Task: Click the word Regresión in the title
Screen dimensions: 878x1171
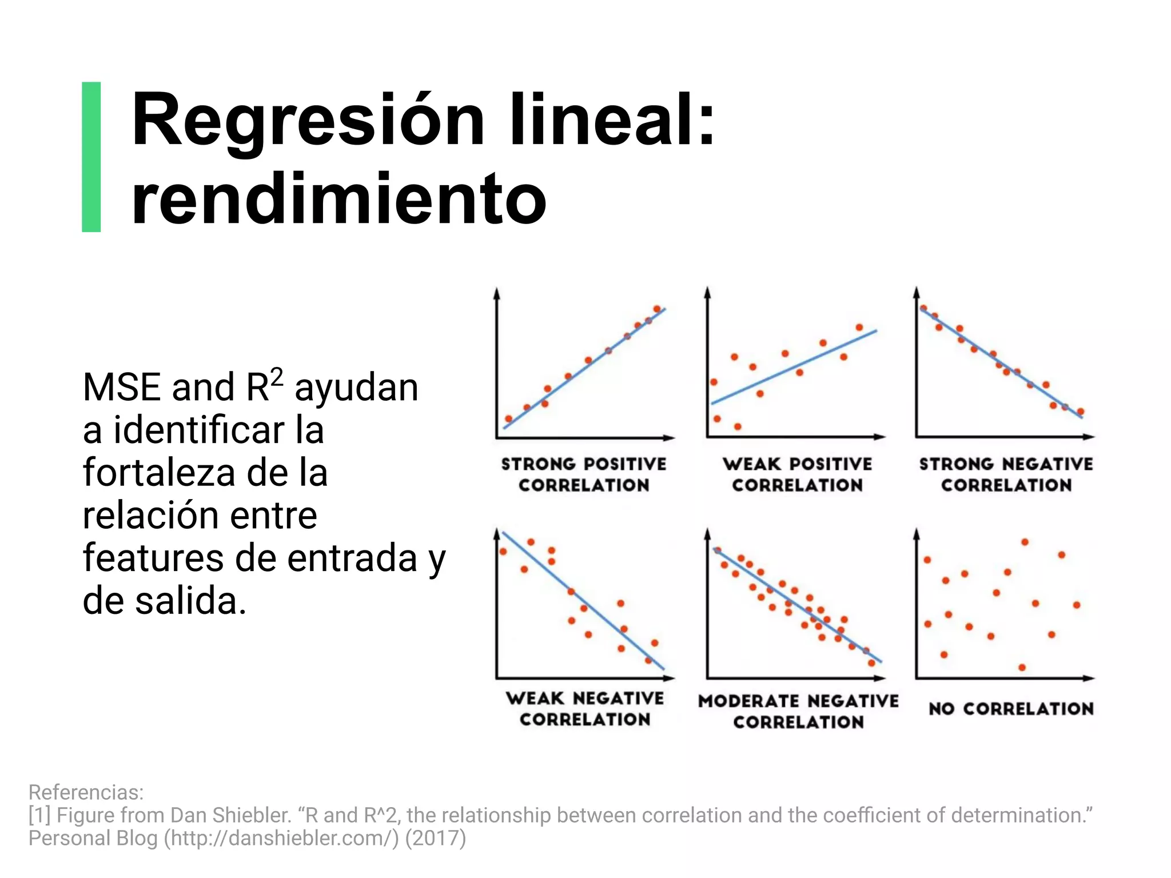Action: pos(308,122)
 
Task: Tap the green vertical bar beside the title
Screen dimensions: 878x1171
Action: pos(91,157)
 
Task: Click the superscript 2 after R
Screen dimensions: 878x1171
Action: pos(276,377)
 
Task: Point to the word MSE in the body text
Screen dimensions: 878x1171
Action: pos(121,388)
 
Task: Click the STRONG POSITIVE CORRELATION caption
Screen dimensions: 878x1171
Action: pos(584,474)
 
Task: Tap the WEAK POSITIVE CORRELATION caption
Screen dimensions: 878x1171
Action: pos(797,474)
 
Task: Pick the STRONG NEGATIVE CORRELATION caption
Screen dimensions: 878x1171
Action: pos(1006,474)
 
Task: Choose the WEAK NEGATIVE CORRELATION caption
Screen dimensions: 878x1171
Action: pos(584,708)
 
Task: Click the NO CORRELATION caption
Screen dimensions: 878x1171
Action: pos(1011,709)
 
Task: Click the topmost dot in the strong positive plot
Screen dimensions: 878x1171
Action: pos(657,309)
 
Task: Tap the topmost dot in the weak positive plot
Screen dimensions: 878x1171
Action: pos(859,328)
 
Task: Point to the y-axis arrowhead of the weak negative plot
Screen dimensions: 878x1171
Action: pos(497,533)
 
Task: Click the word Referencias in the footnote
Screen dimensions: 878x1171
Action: pos(86,792)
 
